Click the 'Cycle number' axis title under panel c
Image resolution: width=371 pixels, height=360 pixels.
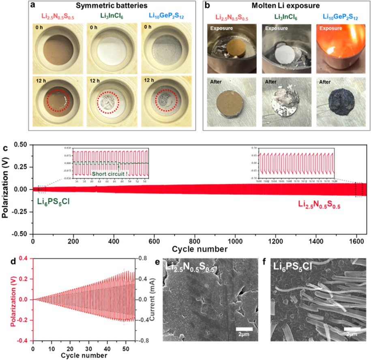(199, 248)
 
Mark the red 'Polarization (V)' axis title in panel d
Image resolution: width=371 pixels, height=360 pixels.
(6, 299)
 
